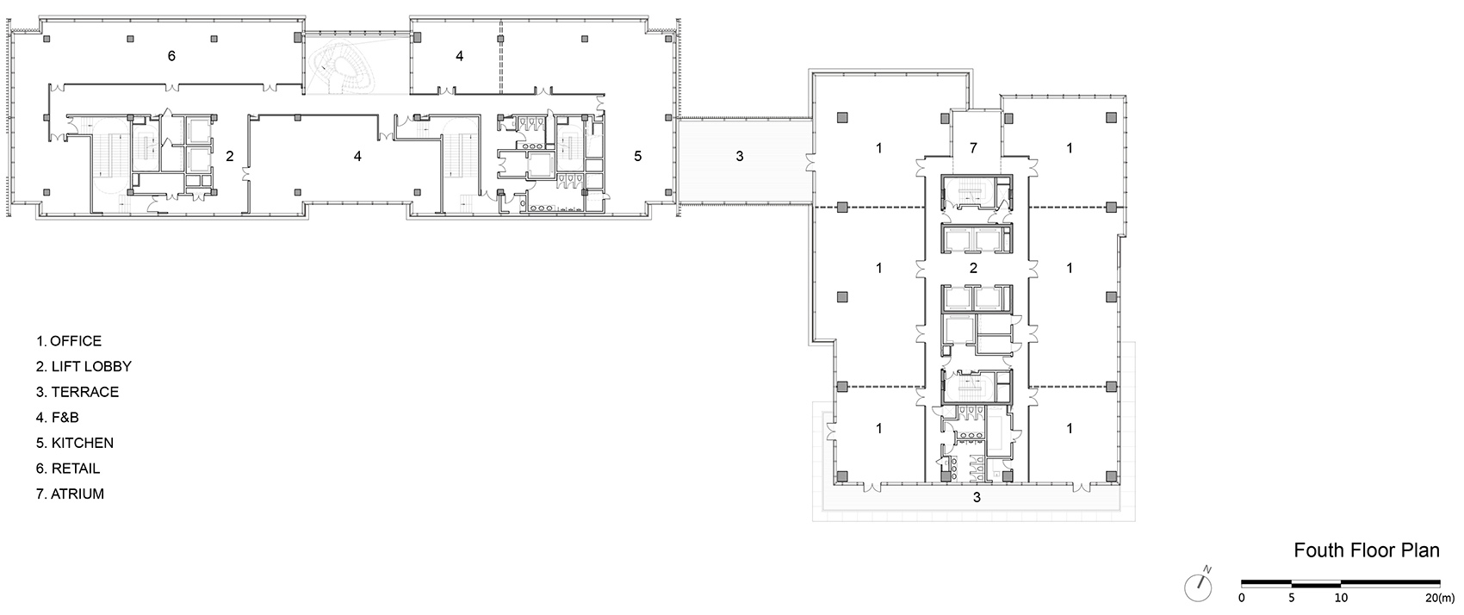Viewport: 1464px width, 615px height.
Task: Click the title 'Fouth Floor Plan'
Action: point(1367,550)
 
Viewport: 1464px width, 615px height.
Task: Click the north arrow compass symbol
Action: point(1199,586)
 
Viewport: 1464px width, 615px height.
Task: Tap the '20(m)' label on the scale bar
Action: point(1440,598)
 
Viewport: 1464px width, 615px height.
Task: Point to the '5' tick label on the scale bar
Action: point(1292,598)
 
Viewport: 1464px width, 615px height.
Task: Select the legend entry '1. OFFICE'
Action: point(69,341)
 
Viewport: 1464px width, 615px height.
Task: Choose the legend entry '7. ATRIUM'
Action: point(70,494)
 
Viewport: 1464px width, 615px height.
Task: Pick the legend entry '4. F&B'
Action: point(58,418)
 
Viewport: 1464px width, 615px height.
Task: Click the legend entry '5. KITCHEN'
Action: point(75,443)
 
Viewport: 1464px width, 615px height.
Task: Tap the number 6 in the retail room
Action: point(172,56)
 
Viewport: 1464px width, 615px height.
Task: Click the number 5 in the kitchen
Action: point(638,156)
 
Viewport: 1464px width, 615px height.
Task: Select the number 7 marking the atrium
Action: point(973,148)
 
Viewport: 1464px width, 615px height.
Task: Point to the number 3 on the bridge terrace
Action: point(740,156)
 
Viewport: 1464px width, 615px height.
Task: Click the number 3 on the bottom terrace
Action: point(977,497)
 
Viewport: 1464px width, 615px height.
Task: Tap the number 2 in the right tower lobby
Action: point(973,268)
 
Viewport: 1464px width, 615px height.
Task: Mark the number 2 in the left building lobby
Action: point(230,156)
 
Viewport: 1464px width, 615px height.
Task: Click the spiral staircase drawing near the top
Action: point(343,65)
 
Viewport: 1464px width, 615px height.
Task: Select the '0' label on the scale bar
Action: point(1241,598)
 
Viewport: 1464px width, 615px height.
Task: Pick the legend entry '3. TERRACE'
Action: point(78,392)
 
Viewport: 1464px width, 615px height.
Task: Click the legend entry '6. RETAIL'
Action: point(68,469)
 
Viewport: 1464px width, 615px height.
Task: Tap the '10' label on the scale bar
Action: point(1341,598)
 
